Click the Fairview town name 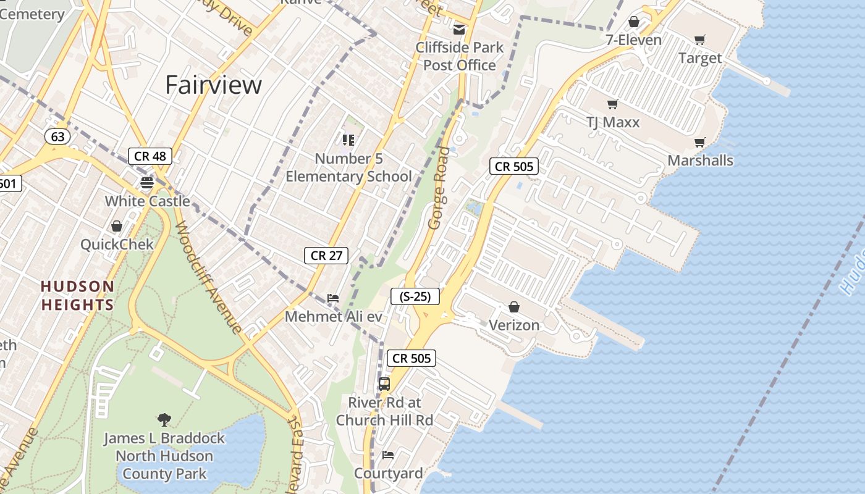point(213,85)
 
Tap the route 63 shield point(57,136)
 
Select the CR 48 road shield point(150,156)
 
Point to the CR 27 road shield point(326,255)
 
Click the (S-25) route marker point(415,296)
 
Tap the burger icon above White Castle point(147,182)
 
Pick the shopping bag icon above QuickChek point(117,226)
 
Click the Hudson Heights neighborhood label point(78,295)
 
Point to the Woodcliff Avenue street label point(208,277)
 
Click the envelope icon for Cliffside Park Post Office point(459,29)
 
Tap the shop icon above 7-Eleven point(633,22)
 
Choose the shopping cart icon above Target point(699,40)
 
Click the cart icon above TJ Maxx point(612,104)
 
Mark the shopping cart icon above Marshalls point(699,143)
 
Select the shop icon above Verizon point(513,307)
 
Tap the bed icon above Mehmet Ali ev point(333,298)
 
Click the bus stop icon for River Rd point(384,383)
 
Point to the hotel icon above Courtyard point(388,455)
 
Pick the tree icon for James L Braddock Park point(164,420)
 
